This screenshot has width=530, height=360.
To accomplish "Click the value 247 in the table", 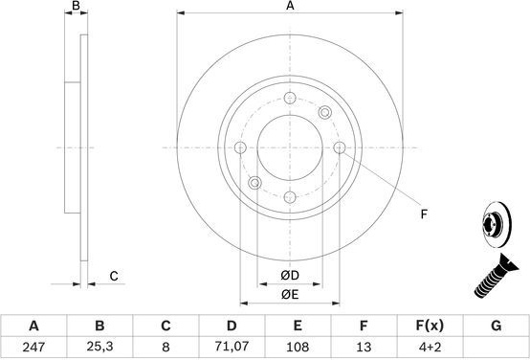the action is pyautogui.click(x=33, y=347).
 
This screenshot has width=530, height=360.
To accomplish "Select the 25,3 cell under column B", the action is pyautogui.click(x=99, y=347).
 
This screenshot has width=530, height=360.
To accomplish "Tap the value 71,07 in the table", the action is pyautogui.click(x=232, y=347).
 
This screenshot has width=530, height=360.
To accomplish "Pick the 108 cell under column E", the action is pyautogui.click(x=298, y=347).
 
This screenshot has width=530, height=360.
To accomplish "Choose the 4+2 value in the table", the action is pyautogui.click(x=430, y=347).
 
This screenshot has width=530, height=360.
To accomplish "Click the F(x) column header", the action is pyautogui.click(x=430, y=326).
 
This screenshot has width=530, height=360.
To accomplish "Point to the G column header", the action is pyautogui.click(x=496, y=326).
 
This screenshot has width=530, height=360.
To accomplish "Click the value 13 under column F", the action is pyautogui.click(x=364, y=347).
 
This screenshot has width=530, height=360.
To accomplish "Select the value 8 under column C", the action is pyautogui.click(x=166, y=347).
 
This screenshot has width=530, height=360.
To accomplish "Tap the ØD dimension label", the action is pyautogui.click(x=290, y=276).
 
